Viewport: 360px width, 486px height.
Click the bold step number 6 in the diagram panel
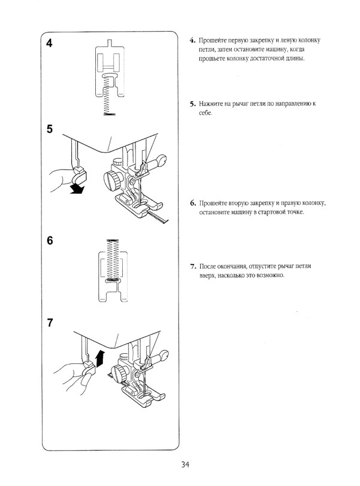point(50,241)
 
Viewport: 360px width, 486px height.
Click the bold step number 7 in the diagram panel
point(50,324)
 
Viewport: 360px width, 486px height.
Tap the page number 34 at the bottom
point(184,464)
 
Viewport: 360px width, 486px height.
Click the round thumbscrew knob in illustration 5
point(111,178)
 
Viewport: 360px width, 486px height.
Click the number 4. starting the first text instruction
point(193,41)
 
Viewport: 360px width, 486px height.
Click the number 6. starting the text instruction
point(193,203)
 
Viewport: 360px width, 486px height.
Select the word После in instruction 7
point(210,265)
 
